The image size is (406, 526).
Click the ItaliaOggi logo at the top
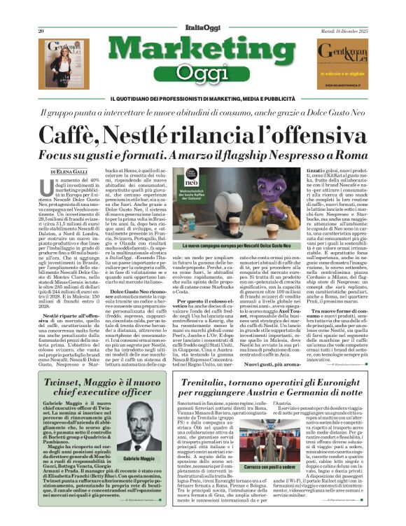202,32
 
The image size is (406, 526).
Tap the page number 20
42,32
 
